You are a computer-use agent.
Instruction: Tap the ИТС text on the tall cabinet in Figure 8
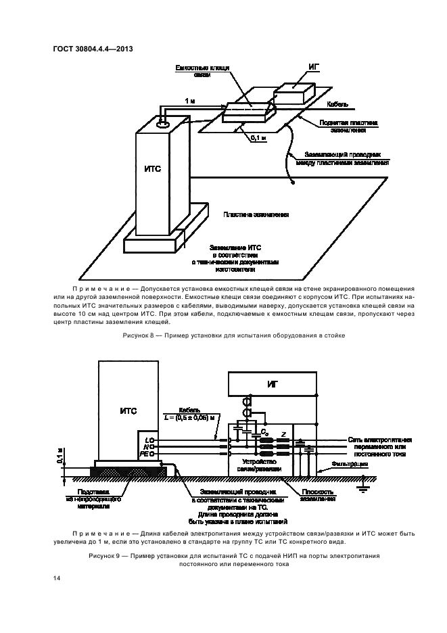pos(153,169)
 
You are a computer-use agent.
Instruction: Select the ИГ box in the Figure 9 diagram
pos(274,384)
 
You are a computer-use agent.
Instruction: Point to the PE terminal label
pos(145,454)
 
